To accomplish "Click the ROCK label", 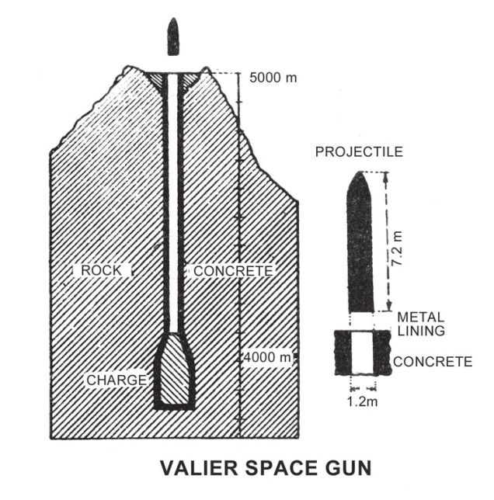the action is coord(101,270).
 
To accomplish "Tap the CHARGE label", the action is coord(117,380).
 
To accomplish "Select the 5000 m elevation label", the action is coord(273,78).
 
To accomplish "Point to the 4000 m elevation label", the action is coord(267,357).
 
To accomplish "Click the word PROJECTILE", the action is coord(359,152).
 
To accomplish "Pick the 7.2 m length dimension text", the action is coord(397,248).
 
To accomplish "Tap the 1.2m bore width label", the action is coord(362,401).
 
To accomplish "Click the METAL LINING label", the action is coord(421,324).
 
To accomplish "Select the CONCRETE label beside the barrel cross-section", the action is coord(433,362).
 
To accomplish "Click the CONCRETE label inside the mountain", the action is coord(234,271).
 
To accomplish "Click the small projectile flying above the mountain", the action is coord(173,36).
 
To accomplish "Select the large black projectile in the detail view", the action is coord(360,241).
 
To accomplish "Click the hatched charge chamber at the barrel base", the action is coord(174,371).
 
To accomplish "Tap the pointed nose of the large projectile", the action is coord(360,172).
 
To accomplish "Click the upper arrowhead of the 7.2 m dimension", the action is coord(385,176).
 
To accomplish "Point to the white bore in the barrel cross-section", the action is coord(362,352).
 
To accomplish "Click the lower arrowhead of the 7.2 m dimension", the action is coord(388,307).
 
